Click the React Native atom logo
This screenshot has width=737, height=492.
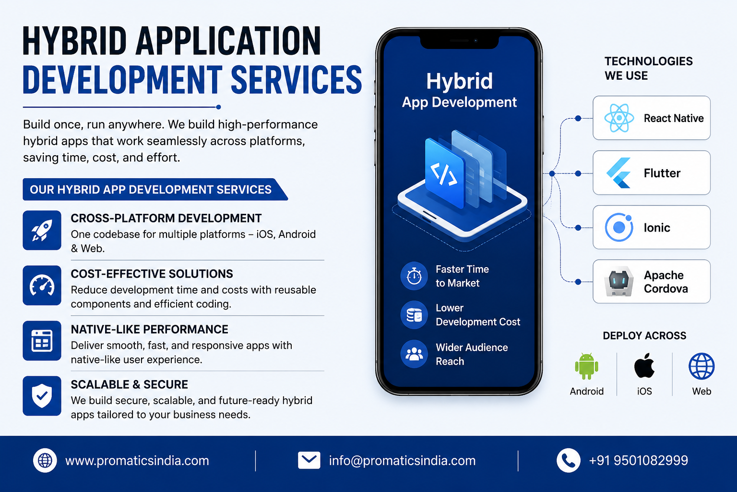(619, 118)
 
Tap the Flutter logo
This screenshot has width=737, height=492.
(619, 173)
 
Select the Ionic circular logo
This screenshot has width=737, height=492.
(619, 227)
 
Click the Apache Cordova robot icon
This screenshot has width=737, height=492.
(619, 282)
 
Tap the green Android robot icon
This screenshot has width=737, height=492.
(587, 366)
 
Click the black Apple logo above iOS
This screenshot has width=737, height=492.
(644, 365)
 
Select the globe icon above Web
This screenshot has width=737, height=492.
(701, 366)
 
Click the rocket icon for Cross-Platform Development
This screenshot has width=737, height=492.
(42, 230)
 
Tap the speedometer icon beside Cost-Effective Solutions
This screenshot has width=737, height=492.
(42, 285)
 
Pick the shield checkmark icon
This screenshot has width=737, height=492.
(42, 396)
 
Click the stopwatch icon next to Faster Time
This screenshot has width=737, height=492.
(414, 276)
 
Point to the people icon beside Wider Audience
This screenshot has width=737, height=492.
(414, 354)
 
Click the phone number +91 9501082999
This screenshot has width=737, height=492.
(638, 460)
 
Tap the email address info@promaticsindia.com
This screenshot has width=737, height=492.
(402, 461)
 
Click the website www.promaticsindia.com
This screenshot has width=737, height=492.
(137, 461)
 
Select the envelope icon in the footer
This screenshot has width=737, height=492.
(309, 460)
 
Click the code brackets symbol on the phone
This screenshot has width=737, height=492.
(444, 173)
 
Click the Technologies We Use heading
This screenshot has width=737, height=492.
(649, 68)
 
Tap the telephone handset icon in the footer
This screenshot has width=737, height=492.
(568, 460)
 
